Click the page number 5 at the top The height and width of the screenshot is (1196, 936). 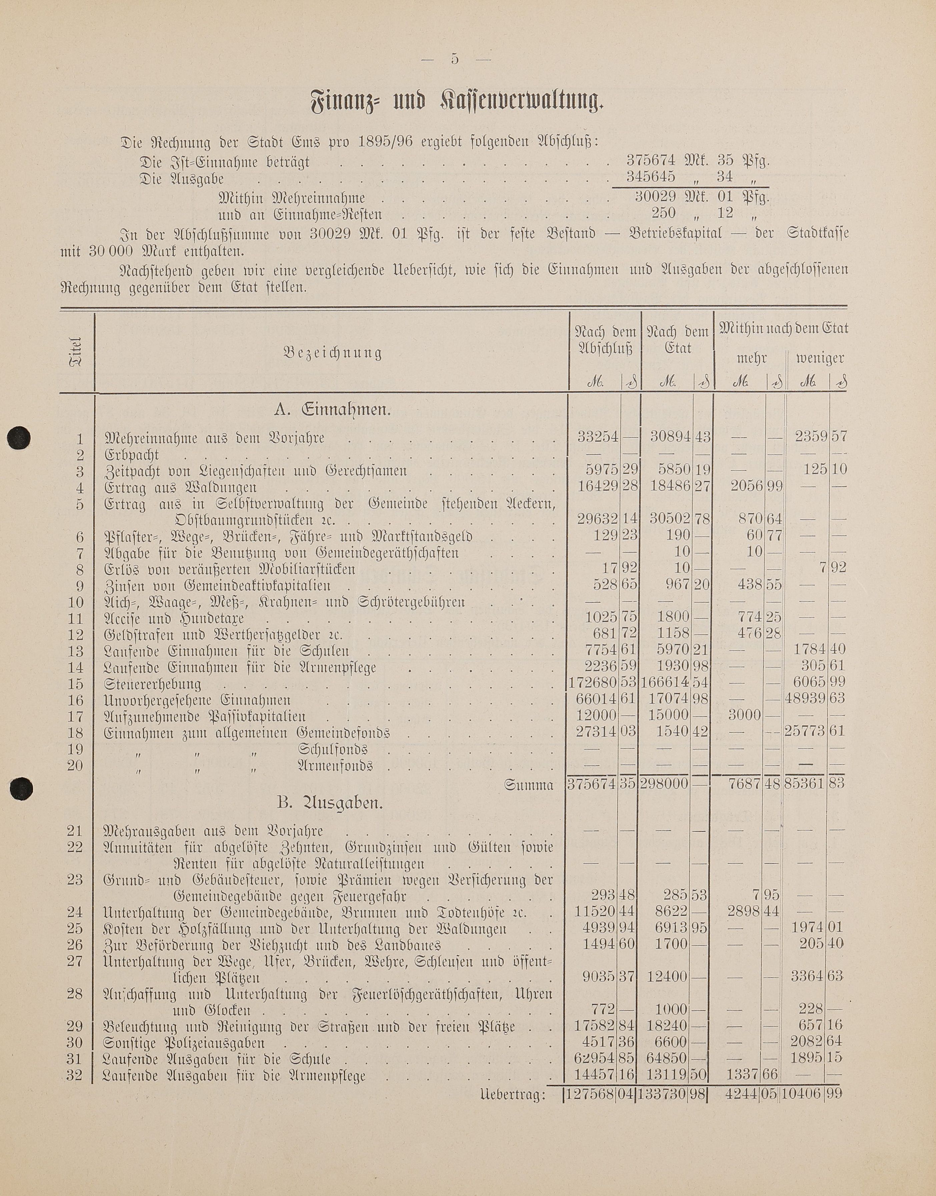coord(454,59)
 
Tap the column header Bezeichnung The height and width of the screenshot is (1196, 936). coord(332,353)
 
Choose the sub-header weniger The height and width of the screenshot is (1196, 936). coord(820,359)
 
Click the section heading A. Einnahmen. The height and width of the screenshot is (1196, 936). coord(332,410)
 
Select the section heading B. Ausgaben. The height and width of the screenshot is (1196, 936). coord(329,803)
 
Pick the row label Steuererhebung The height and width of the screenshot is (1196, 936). coord(152,684)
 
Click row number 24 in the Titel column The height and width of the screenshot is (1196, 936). coord(75,912)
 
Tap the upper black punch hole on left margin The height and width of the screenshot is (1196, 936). coord(19,438)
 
